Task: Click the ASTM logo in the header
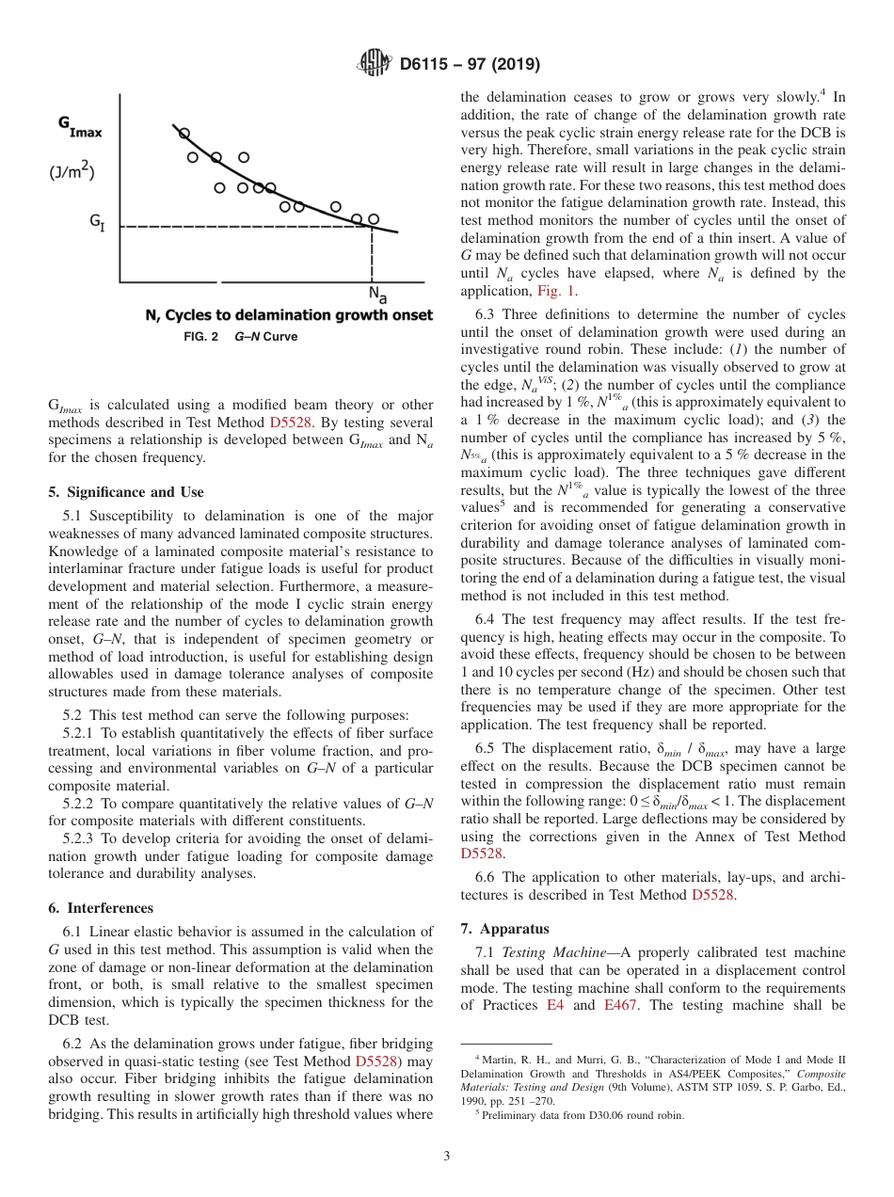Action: coord(375,65)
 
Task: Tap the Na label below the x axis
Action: coord(376,295)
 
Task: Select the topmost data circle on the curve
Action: coord(184,134)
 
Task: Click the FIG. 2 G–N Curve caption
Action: coord(240,336)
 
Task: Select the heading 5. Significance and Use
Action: coord(125,492)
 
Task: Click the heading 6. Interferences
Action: coord(100,908)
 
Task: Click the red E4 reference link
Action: coord(555,1005)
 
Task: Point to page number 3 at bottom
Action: coord(447,1156)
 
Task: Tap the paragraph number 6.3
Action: coord(486,314)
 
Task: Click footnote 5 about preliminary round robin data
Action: coord(583,1115)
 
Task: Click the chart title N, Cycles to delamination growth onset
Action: coord(289,315)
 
